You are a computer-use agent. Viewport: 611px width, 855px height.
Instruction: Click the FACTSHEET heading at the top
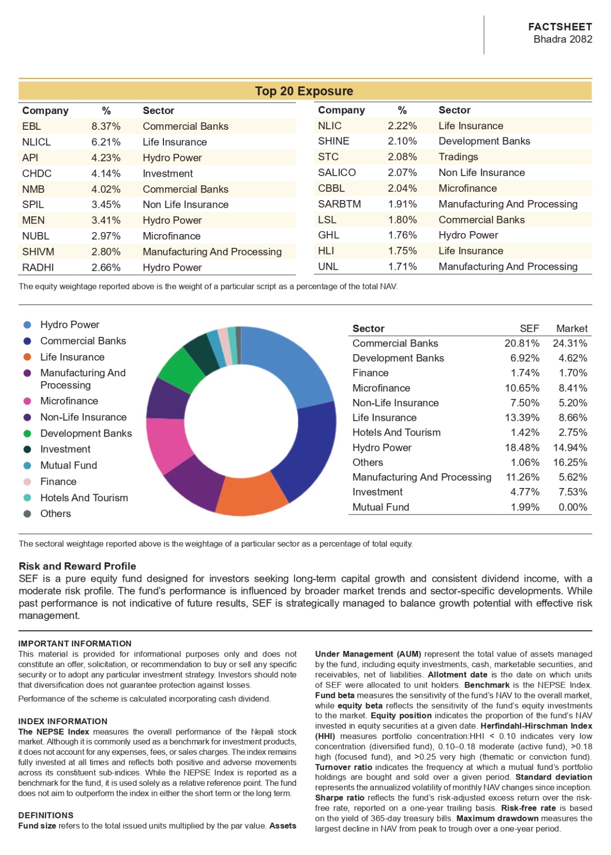coord(560,26)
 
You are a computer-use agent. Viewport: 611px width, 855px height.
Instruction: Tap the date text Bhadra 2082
coord(563,39)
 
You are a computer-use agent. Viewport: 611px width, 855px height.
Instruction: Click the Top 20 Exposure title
coord(304,91)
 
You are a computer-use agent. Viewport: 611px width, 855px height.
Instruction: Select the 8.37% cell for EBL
coord(106,126)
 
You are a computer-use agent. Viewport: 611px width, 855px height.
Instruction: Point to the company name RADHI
coord(38,268)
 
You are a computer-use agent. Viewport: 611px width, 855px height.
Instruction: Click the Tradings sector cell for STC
coord(458,157)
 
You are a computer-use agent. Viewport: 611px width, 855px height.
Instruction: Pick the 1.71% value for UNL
coord(402,267)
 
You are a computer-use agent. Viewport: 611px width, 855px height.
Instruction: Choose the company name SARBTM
coord(339,204)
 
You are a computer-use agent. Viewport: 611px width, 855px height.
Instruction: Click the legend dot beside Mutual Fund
coord(27,466)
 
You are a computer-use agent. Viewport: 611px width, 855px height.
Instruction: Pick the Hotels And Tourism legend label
coord(84,498)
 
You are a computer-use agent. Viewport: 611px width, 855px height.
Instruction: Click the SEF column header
coord(529,329)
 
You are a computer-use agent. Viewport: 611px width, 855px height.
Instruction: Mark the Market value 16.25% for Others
coord(570,463)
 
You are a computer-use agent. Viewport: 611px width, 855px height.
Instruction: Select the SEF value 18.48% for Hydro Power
coord(522,448)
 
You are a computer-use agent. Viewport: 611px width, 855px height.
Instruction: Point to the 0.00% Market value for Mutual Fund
coord(573,507)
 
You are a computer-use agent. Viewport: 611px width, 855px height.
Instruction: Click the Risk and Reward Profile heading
coord(77,566)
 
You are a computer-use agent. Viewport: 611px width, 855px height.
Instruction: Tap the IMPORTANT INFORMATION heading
coord(75,644)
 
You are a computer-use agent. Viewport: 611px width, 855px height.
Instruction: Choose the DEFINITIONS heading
coord(46,815)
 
